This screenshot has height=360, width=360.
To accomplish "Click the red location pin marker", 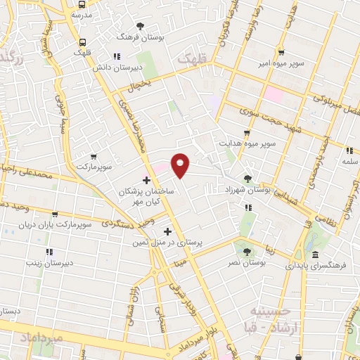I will pyautogui.click(x=181, y=165).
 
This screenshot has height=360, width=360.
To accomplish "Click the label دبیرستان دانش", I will pyautogui.click(x=139, y=67).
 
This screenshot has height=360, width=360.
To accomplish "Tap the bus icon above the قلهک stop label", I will pyautogui.click(x=83, y=42).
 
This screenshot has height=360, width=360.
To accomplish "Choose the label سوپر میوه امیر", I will pyautogui.click(x=280, y=64).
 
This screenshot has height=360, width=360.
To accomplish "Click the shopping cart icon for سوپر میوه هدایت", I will pyautogui.click(x=245, y=132).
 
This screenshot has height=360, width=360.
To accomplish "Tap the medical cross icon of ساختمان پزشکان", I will pyautogui.click(x=146, y=181).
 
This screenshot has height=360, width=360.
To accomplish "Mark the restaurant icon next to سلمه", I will pyautogui.click(x=349, y=150).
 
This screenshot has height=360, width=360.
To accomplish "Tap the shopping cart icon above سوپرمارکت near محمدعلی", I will pyautogui.click(x=94, y=156).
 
